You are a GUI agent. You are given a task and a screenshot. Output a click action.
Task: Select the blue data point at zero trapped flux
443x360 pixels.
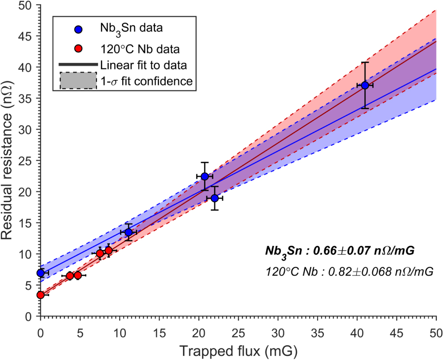coord(41,273)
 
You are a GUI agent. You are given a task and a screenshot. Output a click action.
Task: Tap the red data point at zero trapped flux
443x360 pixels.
coord(41,295)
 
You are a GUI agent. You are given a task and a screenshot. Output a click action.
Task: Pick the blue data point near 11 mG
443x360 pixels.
coord(128,232)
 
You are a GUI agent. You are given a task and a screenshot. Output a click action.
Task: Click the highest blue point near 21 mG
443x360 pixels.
coord(205,176)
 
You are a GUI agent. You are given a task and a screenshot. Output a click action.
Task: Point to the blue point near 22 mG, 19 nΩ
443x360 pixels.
coord(214,198)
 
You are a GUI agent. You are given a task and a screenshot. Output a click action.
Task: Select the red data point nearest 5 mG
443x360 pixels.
coord(78,275)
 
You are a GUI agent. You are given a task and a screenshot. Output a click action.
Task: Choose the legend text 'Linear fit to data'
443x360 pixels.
coord(143,64)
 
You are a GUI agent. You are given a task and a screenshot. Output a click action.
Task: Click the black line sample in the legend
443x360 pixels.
coord(78,65)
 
